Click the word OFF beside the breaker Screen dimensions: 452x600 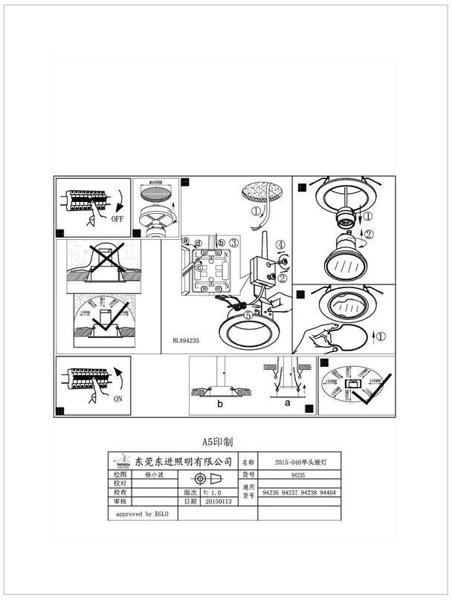117,221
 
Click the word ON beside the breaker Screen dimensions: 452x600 117,398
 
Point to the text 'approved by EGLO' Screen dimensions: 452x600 143,514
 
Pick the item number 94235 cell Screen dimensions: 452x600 298,473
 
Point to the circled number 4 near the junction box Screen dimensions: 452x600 280,244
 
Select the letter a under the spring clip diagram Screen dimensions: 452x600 287,403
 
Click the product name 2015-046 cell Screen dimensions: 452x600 298,461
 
